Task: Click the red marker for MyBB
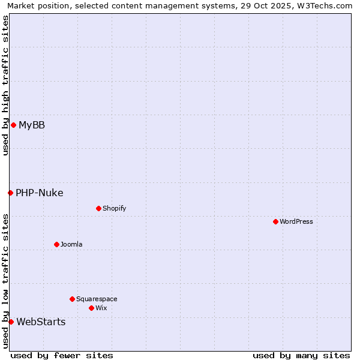pos(13,125)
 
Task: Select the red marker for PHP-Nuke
pos(10,193)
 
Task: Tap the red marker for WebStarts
pos(11,322)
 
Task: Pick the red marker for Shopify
pos(98,208)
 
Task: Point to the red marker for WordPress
pos(275,221)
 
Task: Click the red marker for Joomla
pos(56,244)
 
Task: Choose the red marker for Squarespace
pos(72,299)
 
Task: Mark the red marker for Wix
pos(91,308)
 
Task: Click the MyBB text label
pos(32,125)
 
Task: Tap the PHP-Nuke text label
pos(40,193)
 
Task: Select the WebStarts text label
pos(41,322)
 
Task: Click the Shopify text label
pos(114,208)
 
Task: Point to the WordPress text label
pos(296,221)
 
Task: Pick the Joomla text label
pos(71,244)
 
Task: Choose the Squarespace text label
pos(97,299)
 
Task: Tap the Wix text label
pos(101,308)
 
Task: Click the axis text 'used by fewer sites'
pos(62,355)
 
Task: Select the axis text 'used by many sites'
pos(301,355)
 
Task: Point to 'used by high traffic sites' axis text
pos(5,85)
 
